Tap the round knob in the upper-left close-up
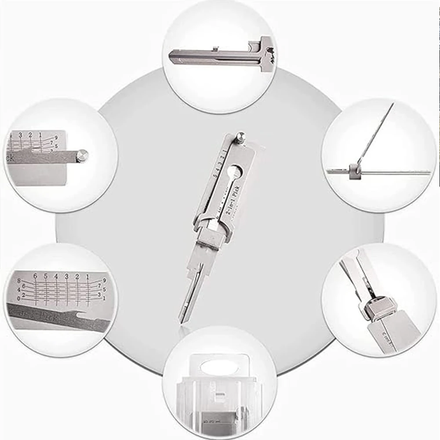point(82,155)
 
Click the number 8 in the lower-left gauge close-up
point(19,280)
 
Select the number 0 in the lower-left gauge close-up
point(18,299)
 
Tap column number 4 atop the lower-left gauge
point(56,276)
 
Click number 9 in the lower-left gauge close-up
point(104,280)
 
